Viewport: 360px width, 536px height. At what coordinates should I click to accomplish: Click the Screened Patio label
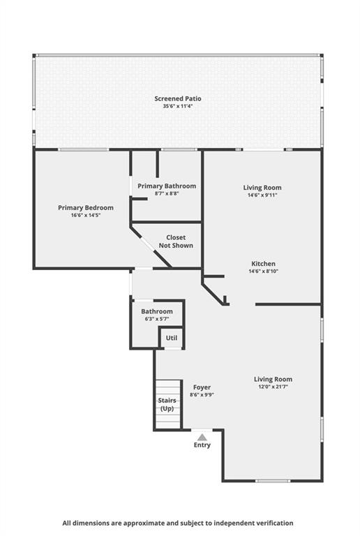(x=178, y=98)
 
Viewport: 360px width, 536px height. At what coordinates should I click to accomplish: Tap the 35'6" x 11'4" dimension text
(x=178, y=106)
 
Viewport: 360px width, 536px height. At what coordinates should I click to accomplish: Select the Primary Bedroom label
(x=86, y=207)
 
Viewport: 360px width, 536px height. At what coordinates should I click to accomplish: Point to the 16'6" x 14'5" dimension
(x=86, y=216)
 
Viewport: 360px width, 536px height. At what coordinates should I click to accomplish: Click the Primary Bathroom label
(x=167, y=186)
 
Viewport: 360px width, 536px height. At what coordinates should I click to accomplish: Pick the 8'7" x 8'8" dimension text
(x=167, y=193)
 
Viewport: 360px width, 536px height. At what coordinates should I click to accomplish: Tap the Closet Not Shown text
(x=176, y=241)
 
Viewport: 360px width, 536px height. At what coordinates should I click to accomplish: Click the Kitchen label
(x=263, y=264)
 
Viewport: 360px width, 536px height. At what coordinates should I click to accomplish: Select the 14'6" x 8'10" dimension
(x=263, y=271)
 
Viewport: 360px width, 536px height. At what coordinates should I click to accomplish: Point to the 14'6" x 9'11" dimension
(x=262, y=195)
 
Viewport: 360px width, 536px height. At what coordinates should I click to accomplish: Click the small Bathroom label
(x=157, y=311)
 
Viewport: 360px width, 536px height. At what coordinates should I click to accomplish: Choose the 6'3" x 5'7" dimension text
(x=157, y=319)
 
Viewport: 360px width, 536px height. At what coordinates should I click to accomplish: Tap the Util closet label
(x=172, y=338)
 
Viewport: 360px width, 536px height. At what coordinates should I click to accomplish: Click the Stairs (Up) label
(x=167, y=404)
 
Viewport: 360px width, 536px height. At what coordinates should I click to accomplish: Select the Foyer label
(x=202, y=387)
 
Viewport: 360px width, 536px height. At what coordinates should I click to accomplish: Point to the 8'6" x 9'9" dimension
(x=202, y=395)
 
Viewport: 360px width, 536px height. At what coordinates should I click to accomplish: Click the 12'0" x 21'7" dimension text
(x=273, y=387)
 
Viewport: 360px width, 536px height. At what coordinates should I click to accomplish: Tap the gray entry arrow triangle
(x=202, y=438)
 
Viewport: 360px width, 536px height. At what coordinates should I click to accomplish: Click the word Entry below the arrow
(x=202, y=445)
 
